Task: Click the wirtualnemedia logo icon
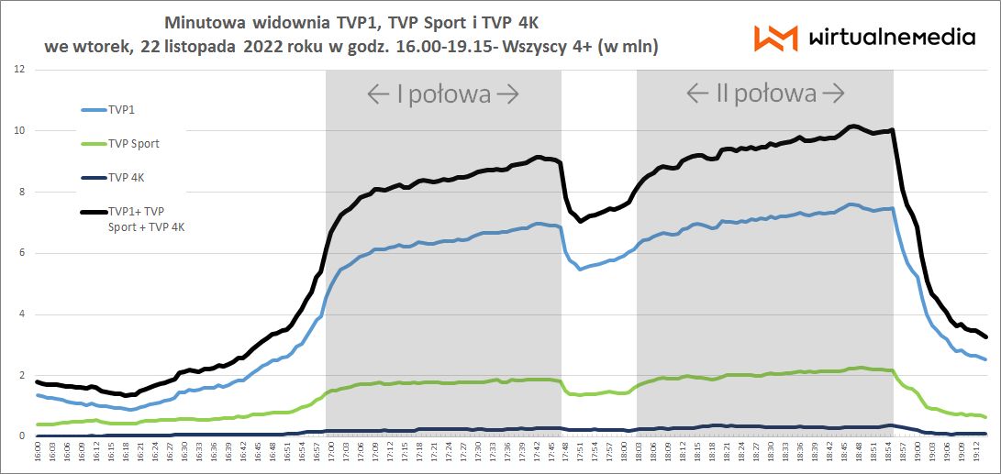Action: point(775,38)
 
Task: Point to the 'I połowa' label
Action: point(443,94)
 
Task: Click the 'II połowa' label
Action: point(764,94)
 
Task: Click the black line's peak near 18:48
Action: point(853,126)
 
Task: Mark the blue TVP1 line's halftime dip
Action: point(580,269)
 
